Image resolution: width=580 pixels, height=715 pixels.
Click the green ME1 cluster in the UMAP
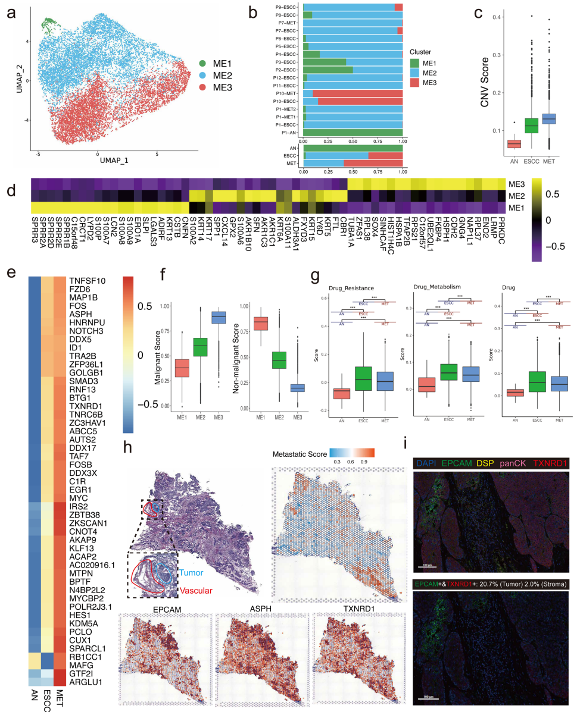coord(48,24)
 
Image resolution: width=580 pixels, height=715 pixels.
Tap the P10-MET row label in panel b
coord(286,93)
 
